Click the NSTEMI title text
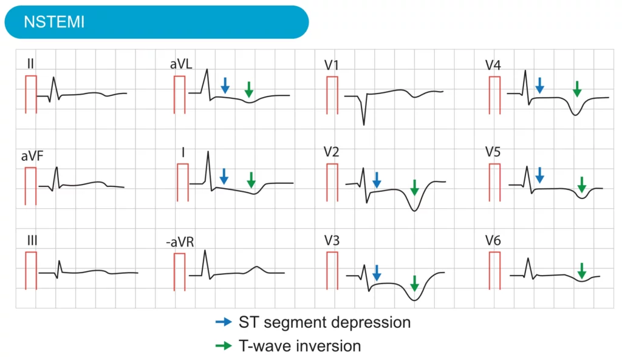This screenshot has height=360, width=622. pyautogui.click(x=54, y=22)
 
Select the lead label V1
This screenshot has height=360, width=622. pyautogui.click(x=332, y=65)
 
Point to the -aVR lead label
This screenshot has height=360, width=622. pyautogui.click(x=180, y=242)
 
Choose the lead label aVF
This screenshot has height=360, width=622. pyautogui.click(x=32, y=157)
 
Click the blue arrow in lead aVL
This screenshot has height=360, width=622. pyautogui.click(x=225, y=85)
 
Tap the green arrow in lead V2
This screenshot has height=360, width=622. pyautogui.click(x=414, y=187)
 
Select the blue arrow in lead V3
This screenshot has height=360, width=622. pyautogui.click(x=377, y=273)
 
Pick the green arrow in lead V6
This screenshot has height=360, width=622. pyautogui.click(x=581, y=271)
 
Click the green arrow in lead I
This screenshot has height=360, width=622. pyautogui.click(x=251, y=180)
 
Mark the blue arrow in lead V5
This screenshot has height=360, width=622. pyautogui.click(x=539, y=175)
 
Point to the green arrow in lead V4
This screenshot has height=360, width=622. pyautogui.click(x=576, y=89)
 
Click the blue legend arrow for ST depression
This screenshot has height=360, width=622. pyautogui.click(x=224, y=322)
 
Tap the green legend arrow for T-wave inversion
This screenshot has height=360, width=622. pyautogui.click(x=224, y=346)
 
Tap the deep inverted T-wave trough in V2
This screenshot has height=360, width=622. pyautogui.click(x=414, y=210)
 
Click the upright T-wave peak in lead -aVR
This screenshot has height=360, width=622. pyautogui.click(x=256, y=267)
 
